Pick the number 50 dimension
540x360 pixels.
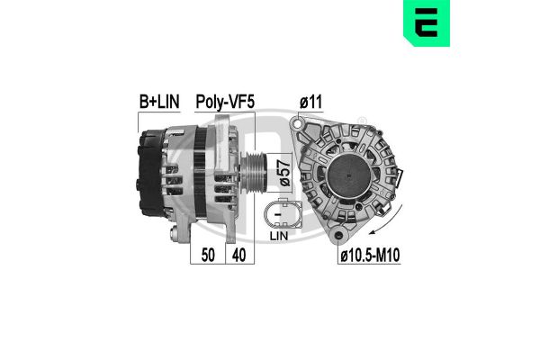click(x=207, y=256)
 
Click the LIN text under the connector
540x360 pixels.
click(x=278, y=236)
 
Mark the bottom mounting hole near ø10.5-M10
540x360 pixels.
click(x=339, y=236)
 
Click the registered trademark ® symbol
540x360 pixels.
click(x=364, y=121)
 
